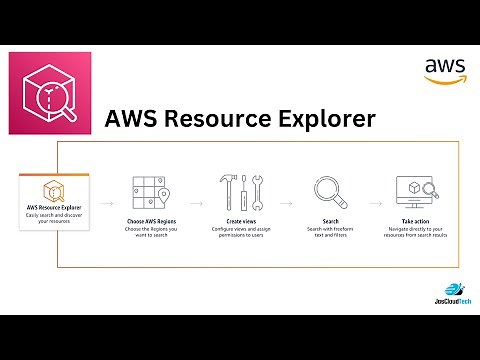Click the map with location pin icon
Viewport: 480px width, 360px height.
point(149,192)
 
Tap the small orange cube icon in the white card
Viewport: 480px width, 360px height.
point(49,189)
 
